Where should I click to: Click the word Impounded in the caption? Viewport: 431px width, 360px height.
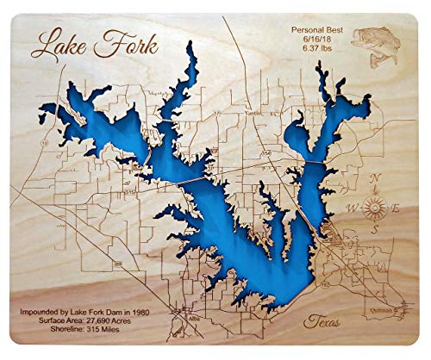point(48,307)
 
